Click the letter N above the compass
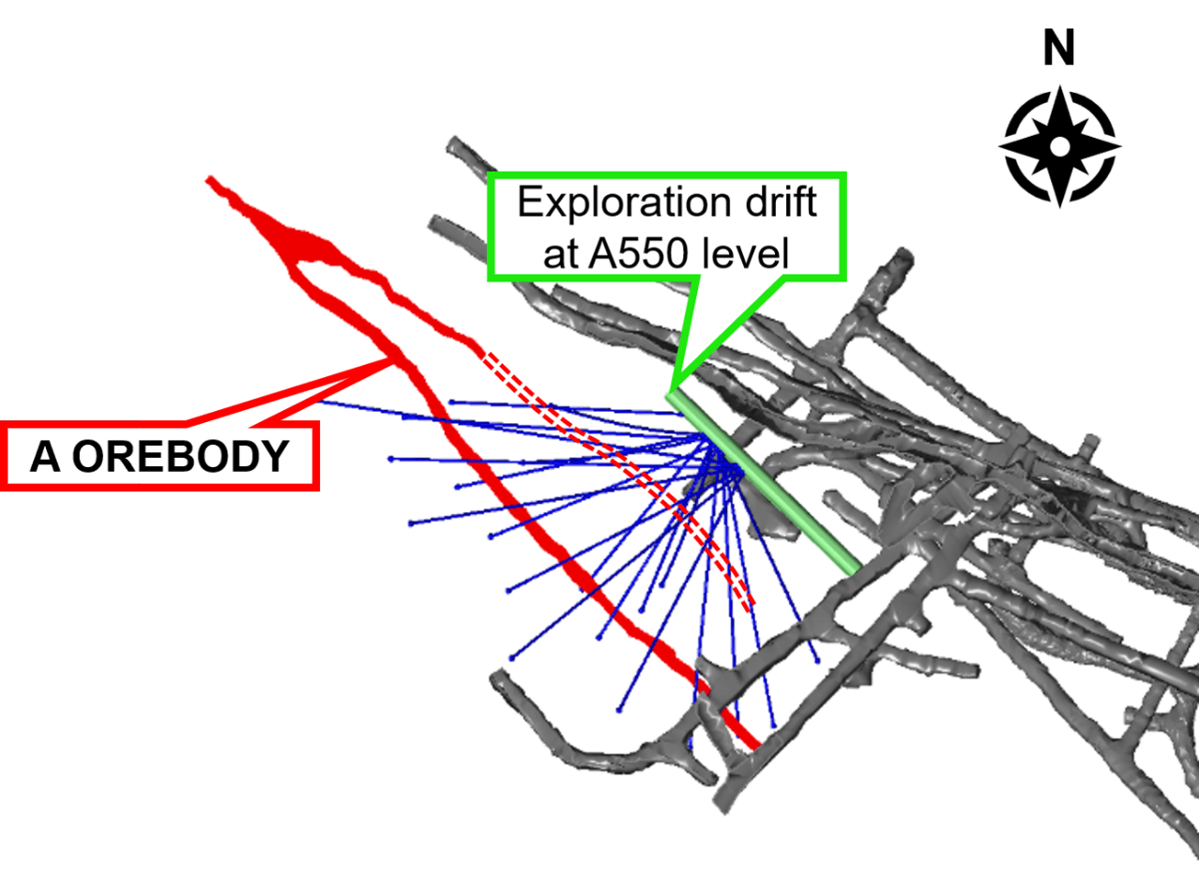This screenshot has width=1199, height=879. [1059, 48]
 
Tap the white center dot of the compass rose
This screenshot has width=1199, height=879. [1060, 146]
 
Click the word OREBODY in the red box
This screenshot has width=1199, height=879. [181, 457]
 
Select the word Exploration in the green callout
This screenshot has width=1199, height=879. [624, 203]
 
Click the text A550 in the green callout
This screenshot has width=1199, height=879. [638, 253]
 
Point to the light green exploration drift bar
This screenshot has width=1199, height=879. [764, 484]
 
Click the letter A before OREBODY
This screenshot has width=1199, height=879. [45, 457]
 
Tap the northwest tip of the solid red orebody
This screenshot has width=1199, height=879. [209, 179]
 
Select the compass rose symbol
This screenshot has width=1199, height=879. [1060, 146]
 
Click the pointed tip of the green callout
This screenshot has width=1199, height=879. [670, 391]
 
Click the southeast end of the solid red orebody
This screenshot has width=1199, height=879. [756, 745]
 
